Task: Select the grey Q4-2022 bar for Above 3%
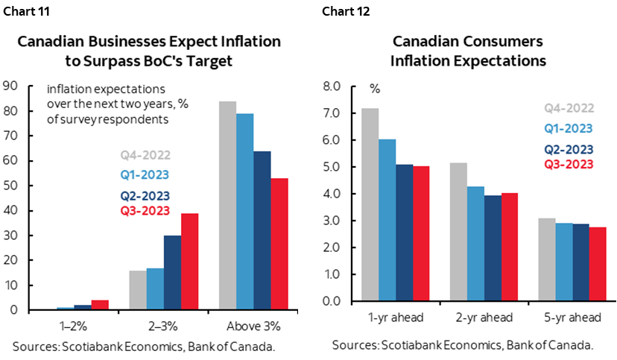click(x=227, y=205)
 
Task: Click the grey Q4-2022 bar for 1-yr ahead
click(x=370, y=204)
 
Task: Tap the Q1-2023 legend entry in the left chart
click(x=145, y=175)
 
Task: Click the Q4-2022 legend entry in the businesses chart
click(x=145, y=156)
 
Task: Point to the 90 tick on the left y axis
click(x=10, y=86)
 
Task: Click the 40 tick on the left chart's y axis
click(x=10, y=210)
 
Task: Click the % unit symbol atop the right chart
click(x=375, y=89)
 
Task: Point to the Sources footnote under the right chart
click(x=463, y=345)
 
